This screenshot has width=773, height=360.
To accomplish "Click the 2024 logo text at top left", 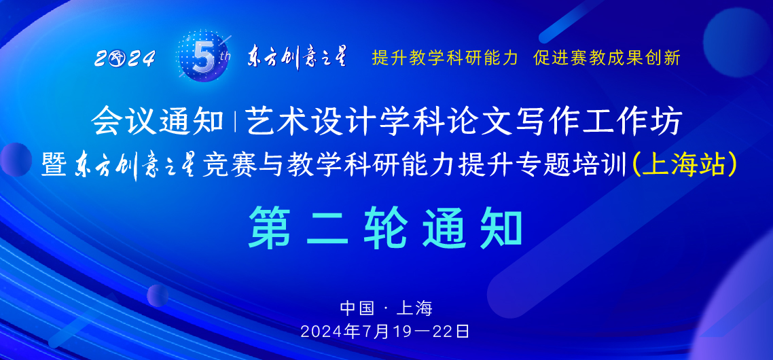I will pos(125,59).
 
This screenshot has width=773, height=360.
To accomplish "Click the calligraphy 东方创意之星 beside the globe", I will pos(296,57).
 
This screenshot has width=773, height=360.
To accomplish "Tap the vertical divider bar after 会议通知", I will pos(234,122).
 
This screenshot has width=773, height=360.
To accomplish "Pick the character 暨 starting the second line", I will pos(55,164).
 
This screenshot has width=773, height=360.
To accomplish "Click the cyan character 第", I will pos(270,228).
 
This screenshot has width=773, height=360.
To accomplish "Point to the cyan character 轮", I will pos(386,228).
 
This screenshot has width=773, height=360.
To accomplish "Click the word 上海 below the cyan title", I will pos(414,308).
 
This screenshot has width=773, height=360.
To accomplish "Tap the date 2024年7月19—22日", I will pos(385,332).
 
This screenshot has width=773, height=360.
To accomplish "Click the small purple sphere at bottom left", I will pos(158,295).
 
